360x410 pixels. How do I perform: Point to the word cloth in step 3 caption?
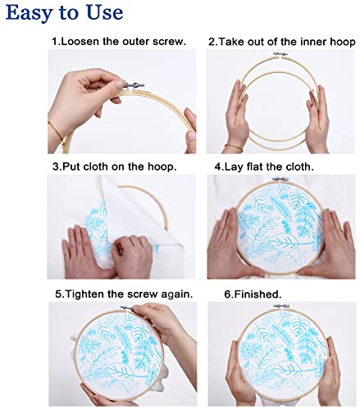[x=95, y=166]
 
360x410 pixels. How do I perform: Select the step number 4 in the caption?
[x=218, y=166]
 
